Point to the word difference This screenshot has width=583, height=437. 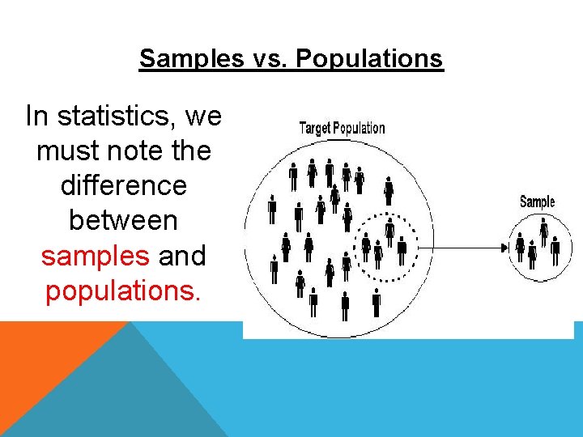(x=123, y=186)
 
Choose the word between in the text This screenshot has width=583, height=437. (x=123, y=221)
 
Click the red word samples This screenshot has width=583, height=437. (x=96, y=256)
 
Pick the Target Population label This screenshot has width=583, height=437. (x=342, y=128)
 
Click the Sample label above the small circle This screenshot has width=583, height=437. (x=537, y=202)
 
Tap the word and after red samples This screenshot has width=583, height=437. (x=182, y=256)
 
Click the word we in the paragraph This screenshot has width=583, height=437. (x=202, y=117)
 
